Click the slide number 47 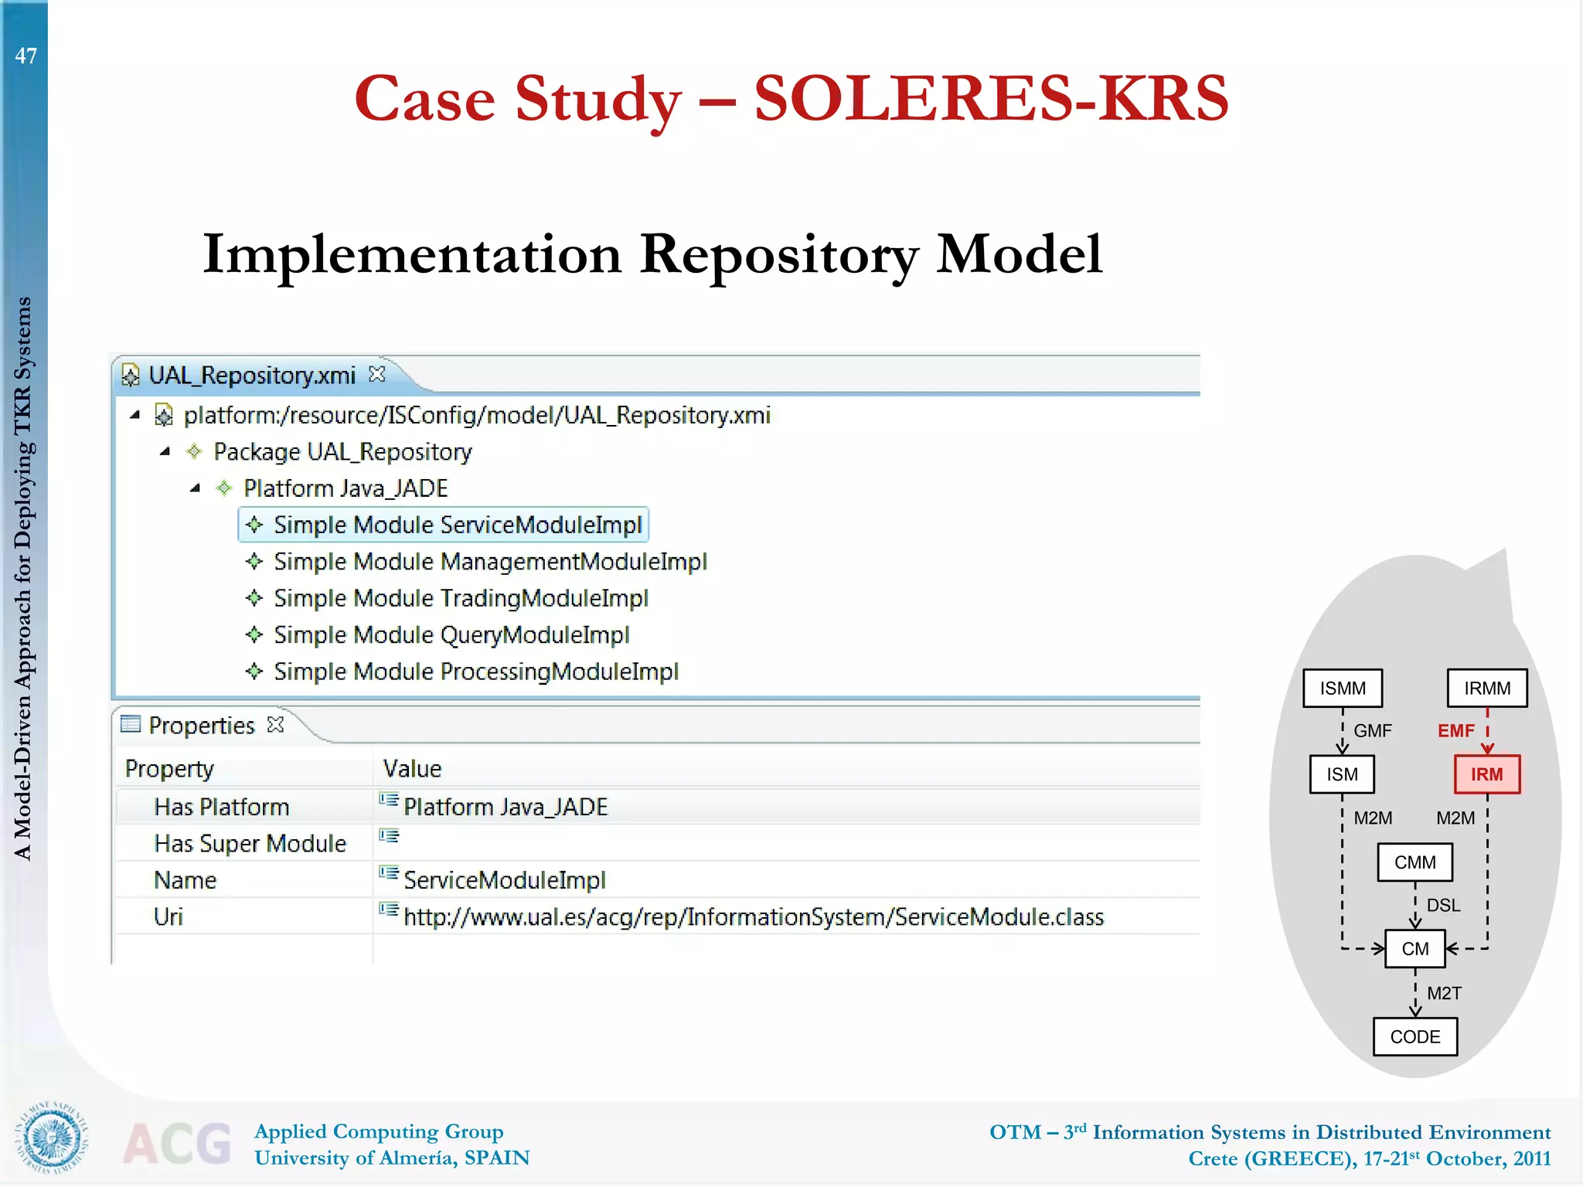(x=26, y=56)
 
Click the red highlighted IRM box (x=1486, y=774)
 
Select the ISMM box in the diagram (x=1342, y=688)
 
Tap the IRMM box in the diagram (x=1486, y=688)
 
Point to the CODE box (x=1414, y=1036)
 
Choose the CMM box (x=1414, y=862)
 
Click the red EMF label (x=1455, y=730)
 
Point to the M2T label (x=1443, y=993)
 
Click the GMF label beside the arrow (x=1372, y=730)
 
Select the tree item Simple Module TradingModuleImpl (x=461, y=598)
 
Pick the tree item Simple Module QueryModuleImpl (x=451, y=634)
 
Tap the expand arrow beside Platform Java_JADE (x=195, y=488)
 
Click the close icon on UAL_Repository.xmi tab (x=377, y=374)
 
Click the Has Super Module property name (x=250, y=843)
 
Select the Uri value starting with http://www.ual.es (x=753, y=917)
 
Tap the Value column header (x=412, y=768)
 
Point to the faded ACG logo (x=177, y=1143)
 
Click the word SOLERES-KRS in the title (x=990, y=99)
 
